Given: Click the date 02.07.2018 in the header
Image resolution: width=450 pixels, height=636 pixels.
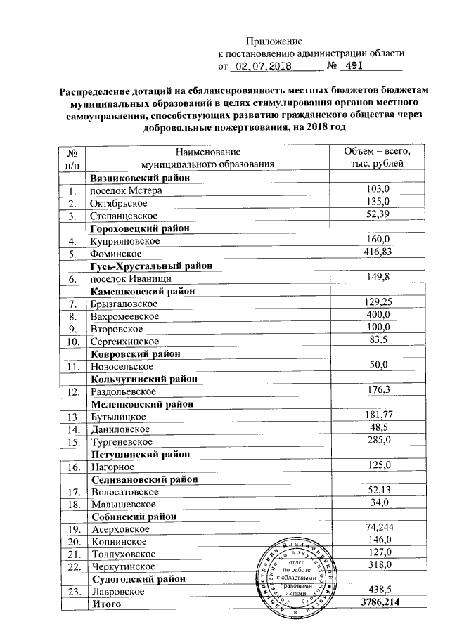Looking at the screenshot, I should (264, 68).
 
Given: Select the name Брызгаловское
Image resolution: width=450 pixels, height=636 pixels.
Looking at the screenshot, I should (124, 304).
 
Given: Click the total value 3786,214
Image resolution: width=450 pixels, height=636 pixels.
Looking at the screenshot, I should (379, 604).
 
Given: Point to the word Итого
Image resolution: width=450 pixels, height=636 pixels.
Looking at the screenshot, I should (106, 605).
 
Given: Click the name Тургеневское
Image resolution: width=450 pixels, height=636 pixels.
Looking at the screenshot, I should (122, 442).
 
